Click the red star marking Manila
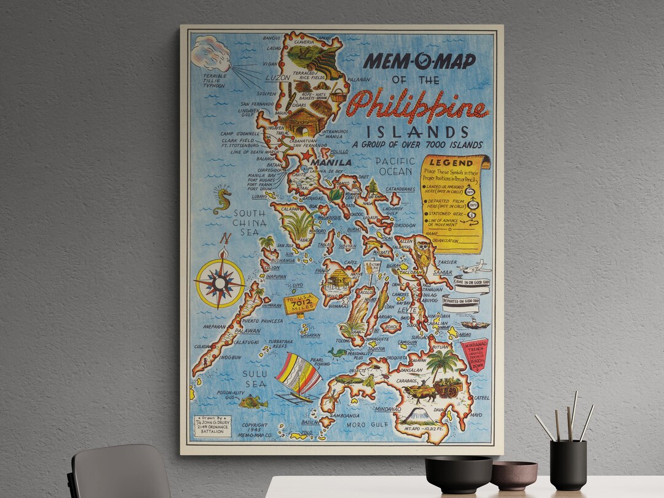(306, 156)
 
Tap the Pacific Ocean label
(395, 166)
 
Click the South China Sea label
(250, 222)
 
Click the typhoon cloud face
(211, 52)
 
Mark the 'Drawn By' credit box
(212, 426)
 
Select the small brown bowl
(514, 475)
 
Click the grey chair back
(120, 472)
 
